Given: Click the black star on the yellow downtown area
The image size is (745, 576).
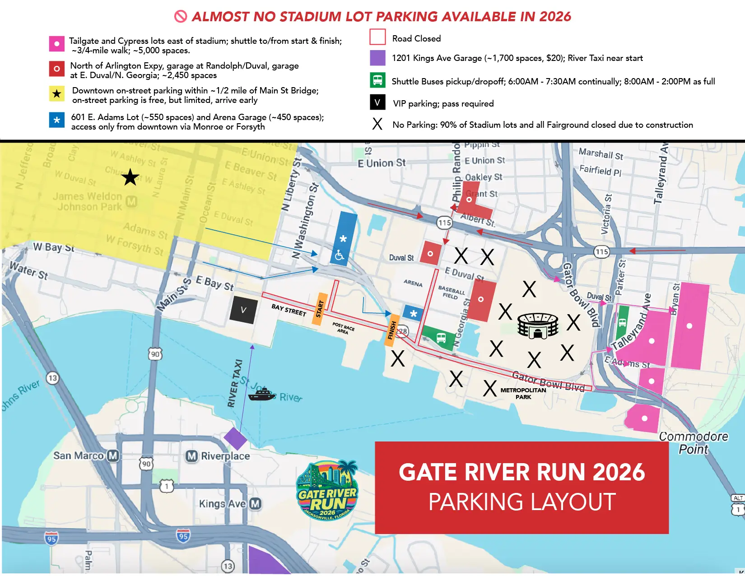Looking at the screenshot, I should point(130,177).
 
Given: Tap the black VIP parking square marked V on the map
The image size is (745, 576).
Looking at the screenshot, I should point(244,310).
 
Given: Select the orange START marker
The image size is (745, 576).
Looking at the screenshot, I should point(320,309).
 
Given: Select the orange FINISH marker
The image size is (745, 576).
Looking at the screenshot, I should point(392,330).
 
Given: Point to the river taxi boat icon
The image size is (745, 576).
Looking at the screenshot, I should point(262,394).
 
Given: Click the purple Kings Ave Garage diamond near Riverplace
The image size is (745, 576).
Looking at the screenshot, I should point(235,439).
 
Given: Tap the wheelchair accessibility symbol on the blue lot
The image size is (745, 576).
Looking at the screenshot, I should point(340,255).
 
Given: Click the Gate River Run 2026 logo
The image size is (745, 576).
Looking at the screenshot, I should point(327,491).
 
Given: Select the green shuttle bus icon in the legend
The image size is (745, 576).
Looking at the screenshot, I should point(377,80).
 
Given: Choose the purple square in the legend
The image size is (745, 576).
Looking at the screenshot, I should point(377,58).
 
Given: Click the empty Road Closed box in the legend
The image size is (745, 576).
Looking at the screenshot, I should point(377,37).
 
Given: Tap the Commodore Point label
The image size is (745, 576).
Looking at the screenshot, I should point(694,443).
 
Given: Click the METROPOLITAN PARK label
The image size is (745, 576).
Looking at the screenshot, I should point(523,393).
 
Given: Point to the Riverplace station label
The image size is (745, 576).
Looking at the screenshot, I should point(219,456).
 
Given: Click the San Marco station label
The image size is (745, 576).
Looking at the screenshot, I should point(85,455).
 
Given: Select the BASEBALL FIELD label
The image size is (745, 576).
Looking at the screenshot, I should point(451,292).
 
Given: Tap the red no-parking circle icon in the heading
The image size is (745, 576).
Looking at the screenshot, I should point(181,17).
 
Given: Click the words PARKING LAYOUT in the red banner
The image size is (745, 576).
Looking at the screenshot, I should point(522,502).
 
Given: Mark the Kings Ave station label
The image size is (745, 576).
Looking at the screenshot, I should point(229,503).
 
